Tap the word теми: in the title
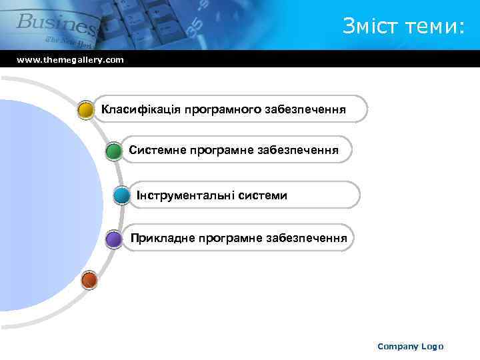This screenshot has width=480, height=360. tap(433, 26)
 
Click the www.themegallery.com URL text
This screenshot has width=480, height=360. tap(70, 60)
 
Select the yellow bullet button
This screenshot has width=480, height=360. tap(85, 109)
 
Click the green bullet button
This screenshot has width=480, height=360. tap(114, 151)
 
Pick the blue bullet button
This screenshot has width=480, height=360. tap(121, 196)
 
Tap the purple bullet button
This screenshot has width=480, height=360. tap(114, 239)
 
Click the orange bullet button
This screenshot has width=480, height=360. tap(89, 281)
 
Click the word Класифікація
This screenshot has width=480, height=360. tap(138, 109)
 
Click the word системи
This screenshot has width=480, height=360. tap(261, 195)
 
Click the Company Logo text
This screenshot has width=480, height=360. tap(410, 346)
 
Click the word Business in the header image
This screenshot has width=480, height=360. tap(57, 23)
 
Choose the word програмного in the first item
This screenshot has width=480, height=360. tap(218, 109)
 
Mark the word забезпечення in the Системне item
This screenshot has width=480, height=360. tap(298, 151)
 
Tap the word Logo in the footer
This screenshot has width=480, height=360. tap(431, 346)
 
